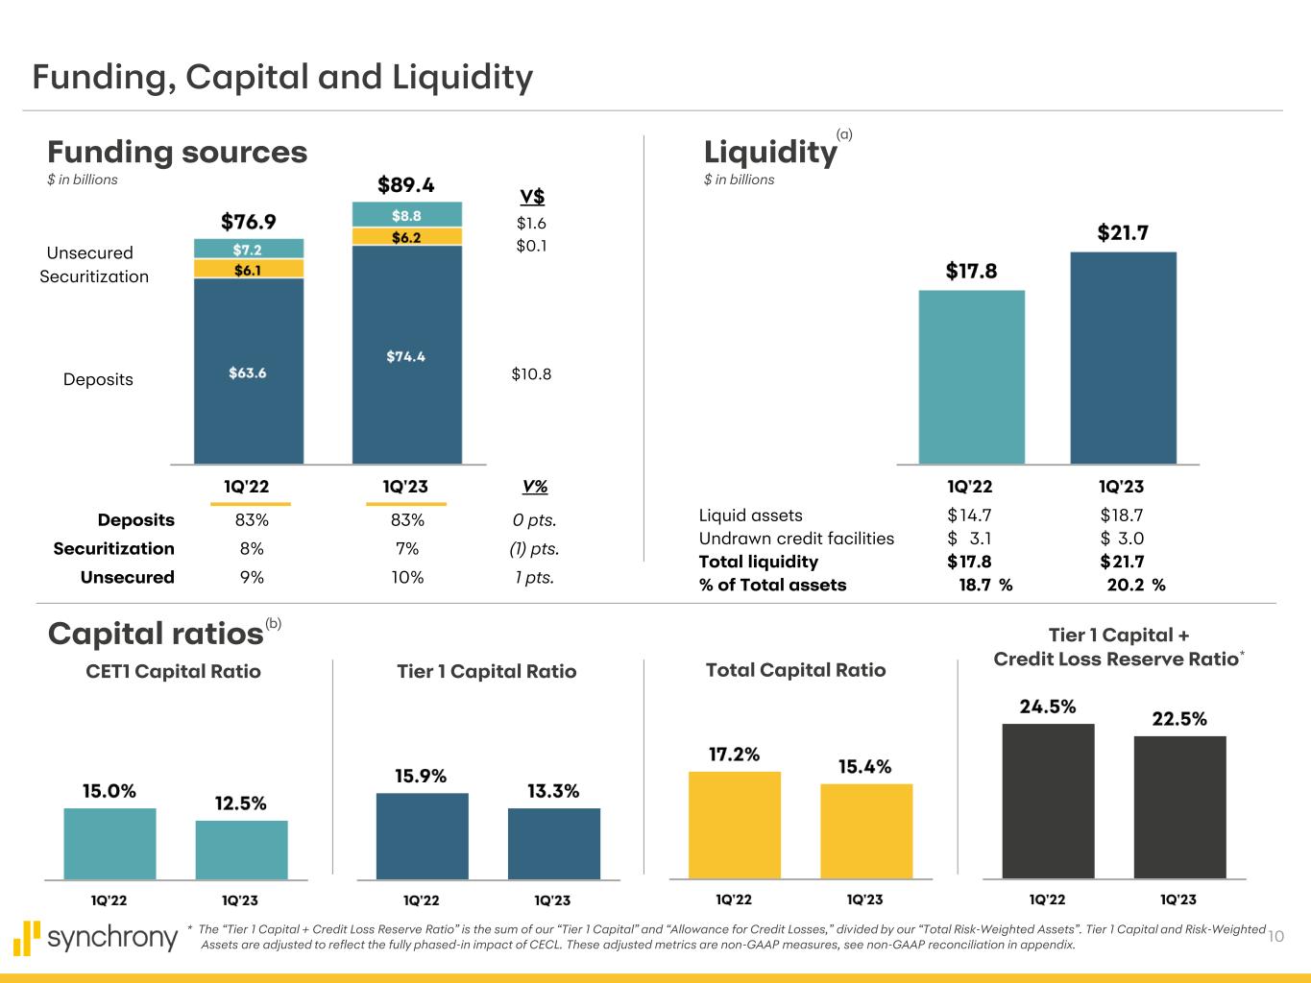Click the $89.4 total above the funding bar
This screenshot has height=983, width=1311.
coord(406,184)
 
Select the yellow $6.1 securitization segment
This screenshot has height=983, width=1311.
coord(249,270)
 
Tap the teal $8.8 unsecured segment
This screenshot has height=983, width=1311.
coord(406,215)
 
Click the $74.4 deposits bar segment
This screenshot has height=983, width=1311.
coord(406,356)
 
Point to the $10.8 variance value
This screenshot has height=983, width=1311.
coord(531,374)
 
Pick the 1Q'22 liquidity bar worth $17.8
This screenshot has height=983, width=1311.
coord(971,377)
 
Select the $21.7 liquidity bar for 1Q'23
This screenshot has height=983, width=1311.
coord(1123,358)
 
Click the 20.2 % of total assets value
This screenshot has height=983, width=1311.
coord(1135,585)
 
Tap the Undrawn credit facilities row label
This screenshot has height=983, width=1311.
coord(796,539)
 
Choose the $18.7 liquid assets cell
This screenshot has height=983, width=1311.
coord(1122,515)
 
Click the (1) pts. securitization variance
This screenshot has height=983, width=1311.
coord(534,549)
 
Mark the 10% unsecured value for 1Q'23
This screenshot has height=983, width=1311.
coord(407,577)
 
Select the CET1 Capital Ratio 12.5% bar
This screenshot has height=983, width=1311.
coord(241,850)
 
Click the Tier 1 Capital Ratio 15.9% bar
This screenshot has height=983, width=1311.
coord(422,835)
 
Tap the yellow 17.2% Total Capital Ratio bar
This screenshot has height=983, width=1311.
coord(734,825)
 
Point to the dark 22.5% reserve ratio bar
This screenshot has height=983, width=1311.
coord(1179,806)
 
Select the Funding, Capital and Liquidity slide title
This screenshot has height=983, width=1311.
coord(282,77)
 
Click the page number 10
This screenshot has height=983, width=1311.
coord(1276,936)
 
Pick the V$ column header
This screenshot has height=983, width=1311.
coord(532,197)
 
